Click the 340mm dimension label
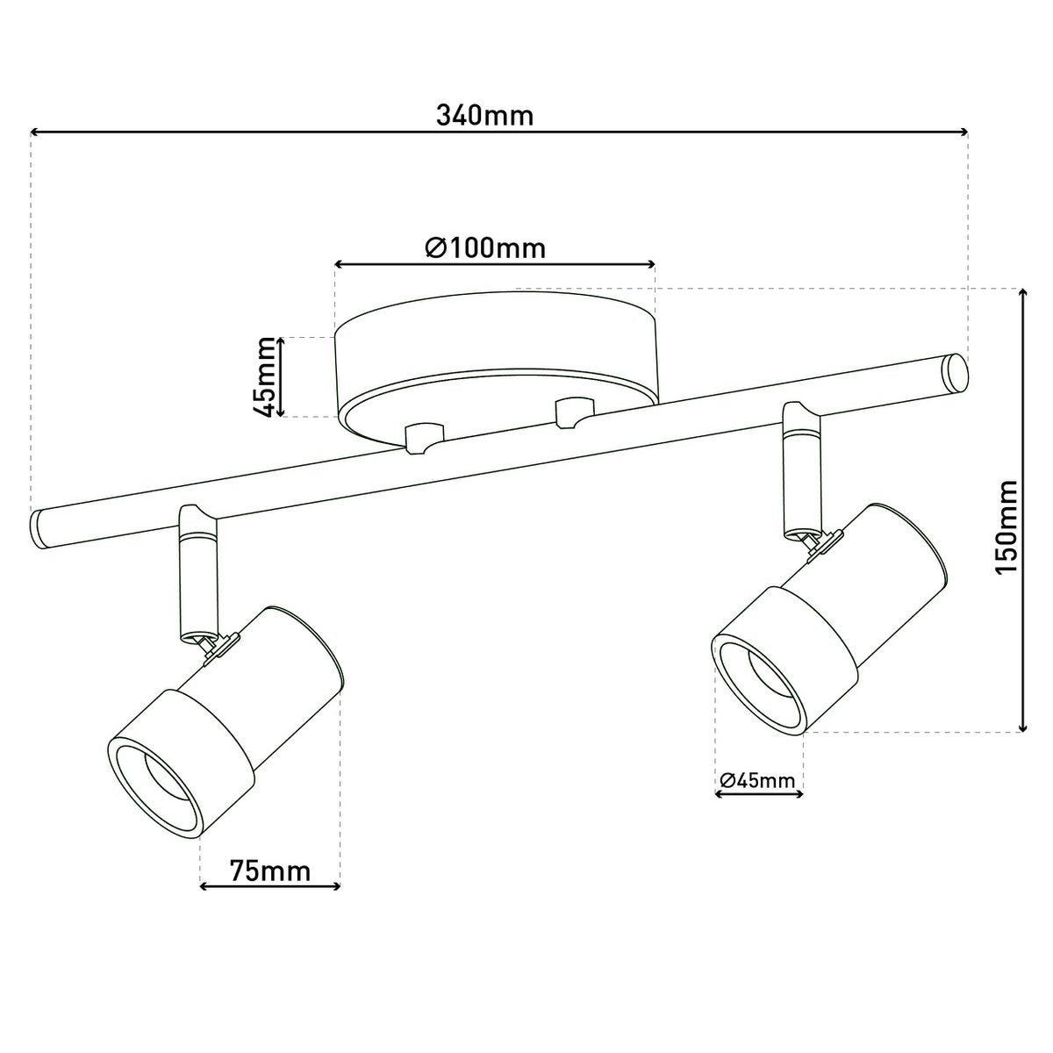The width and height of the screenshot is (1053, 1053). click(484, 115)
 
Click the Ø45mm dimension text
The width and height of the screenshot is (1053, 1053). click(757, 780)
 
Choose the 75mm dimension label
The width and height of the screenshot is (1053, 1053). click(270, 871)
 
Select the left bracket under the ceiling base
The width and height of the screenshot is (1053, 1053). click(421, 436)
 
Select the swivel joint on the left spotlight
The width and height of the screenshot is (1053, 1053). click(212, 647)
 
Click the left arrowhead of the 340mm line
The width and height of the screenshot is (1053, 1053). click(36, 133)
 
